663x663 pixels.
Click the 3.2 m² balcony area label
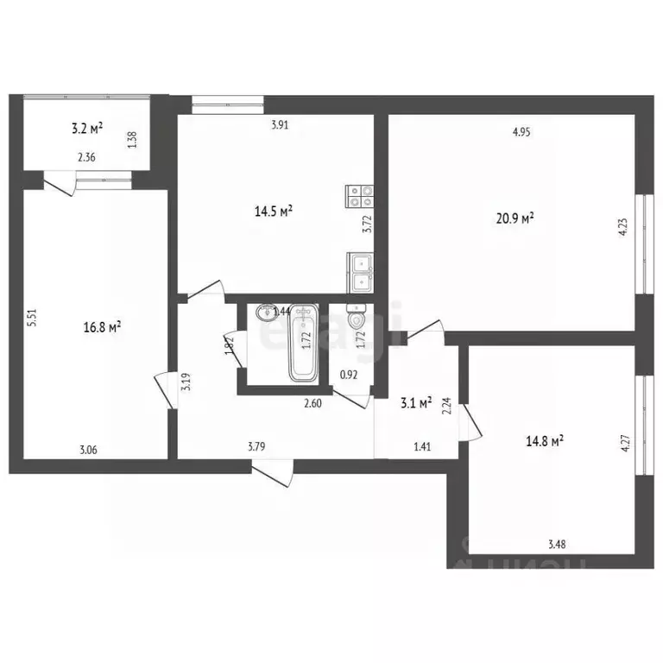pyautogui.click(x=86, y=129)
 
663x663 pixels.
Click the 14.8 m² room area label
pyautogui.click(x=545, y=440)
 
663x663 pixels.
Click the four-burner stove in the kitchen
pyautogui.click(x=359, y=197)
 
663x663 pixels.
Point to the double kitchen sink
pyautogui.click(x=361, y=271)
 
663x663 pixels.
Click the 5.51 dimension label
pyautogui.click(x=31, y=317)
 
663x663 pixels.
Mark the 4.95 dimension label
pyautogui.click(x=521, y=132)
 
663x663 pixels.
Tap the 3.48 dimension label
pyautogui.click(x=557, y=543)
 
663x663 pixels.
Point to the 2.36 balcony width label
pyautogui.click(x=86, y=157)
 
